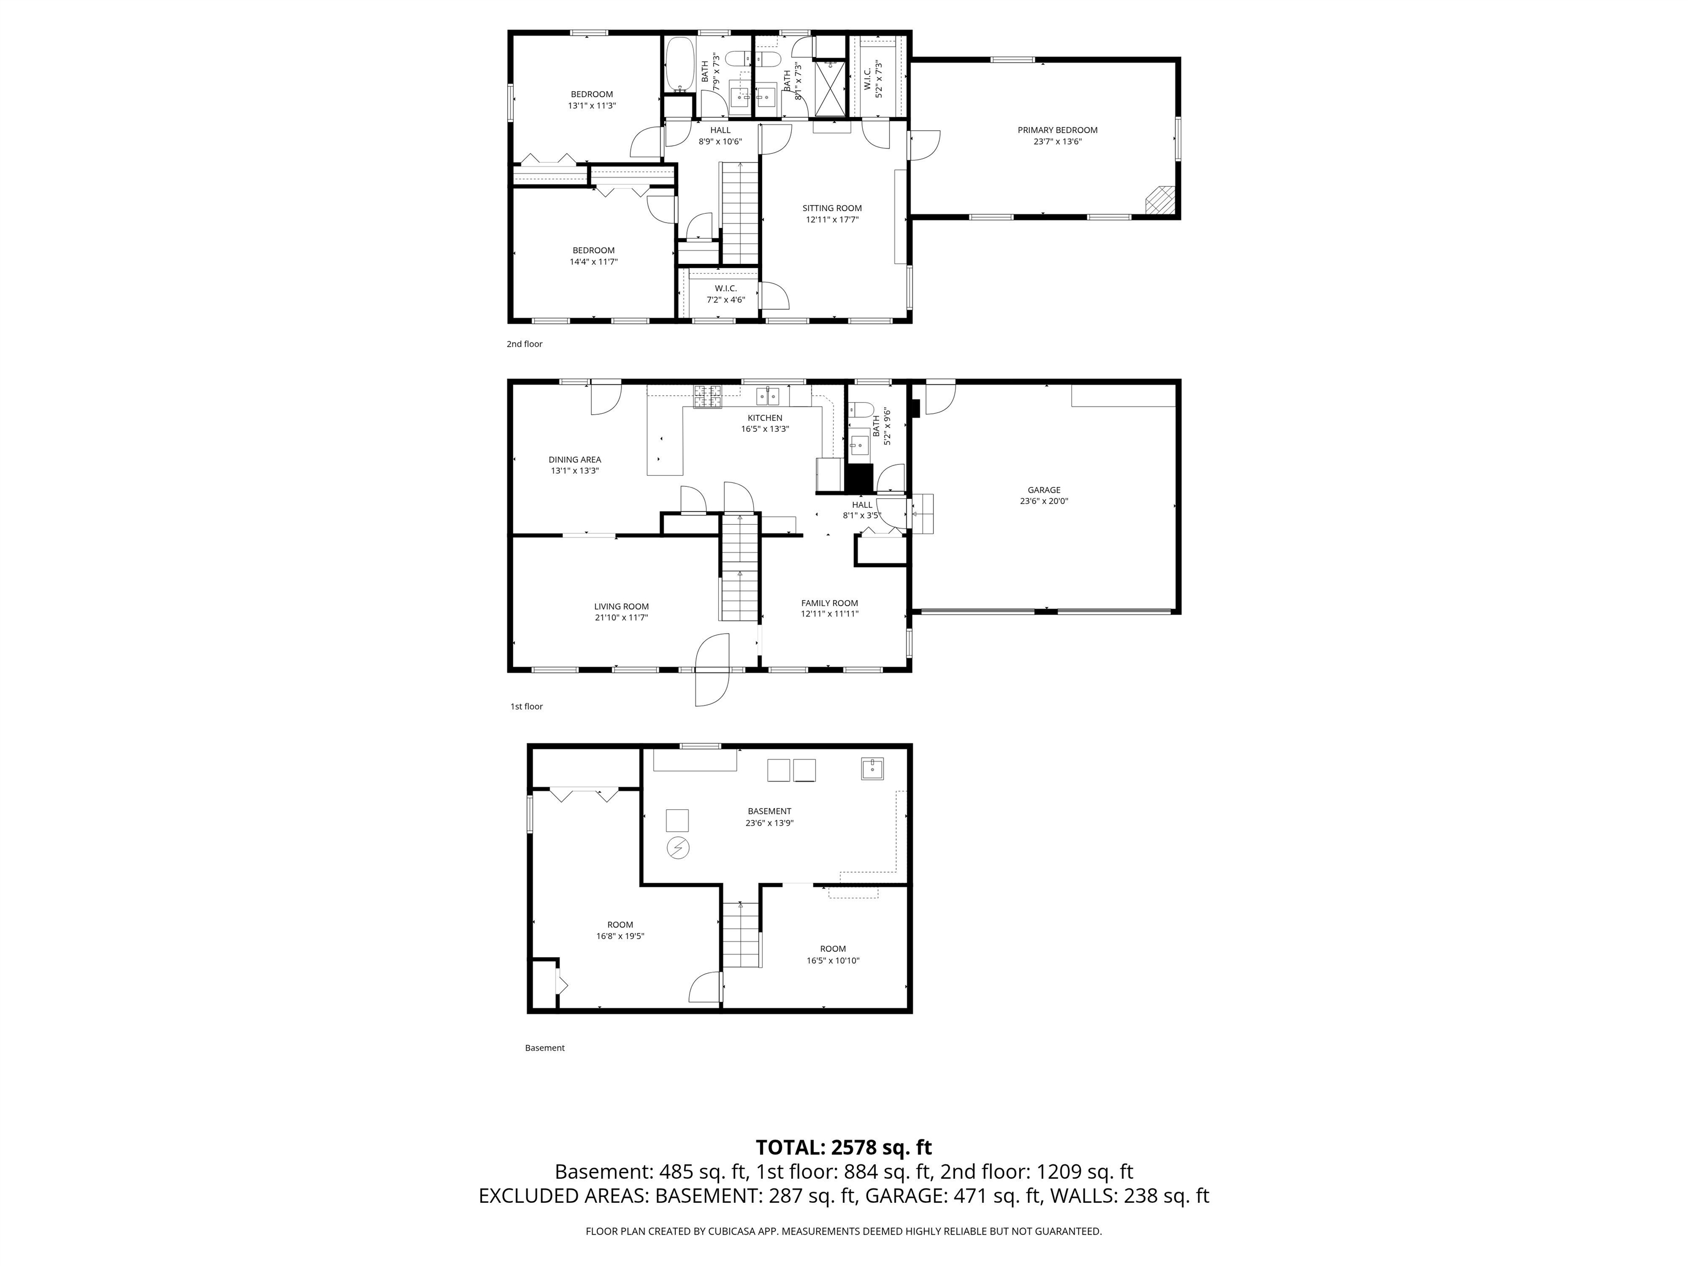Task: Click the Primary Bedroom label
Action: (x=1057, y=130)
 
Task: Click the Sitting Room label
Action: (x=832, y=208)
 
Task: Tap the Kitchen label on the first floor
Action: (x=765, y=418)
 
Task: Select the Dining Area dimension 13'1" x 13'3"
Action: (x=575, y=471)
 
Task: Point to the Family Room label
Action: (x=830, y=603)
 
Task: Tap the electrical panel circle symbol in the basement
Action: (x=678, y=848)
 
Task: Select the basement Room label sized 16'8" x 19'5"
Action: (x=620, y=924)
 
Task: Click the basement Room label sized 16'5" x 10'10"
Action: (x=832, y=948)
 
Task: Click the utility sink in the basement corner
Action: (x=872, y=769)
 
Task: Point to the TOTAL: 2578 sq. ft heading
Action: (x=843, y=1147)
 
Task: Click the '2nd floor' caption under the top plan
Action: (x=524, y=344)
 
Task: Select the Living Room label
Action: (x=621, y=607)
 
